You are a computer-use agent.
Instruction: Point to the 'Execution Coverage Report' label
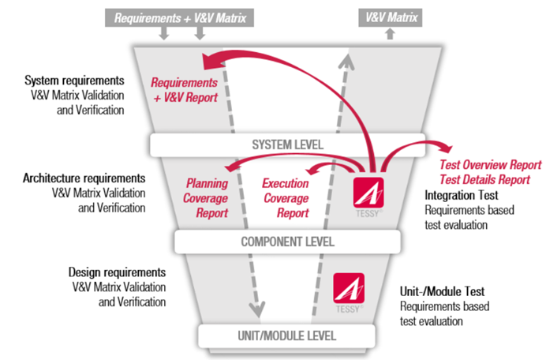click(285, 197)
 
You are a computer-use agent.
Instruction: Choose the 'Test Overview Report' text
click(490, 165)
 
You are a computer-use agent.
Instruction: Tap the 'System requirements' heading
click(74, 81)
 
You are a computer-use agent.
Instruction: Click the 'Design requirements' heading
click(118, 272)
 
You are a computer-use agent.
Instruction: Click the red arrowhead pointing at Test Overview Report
click(445, 149)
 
